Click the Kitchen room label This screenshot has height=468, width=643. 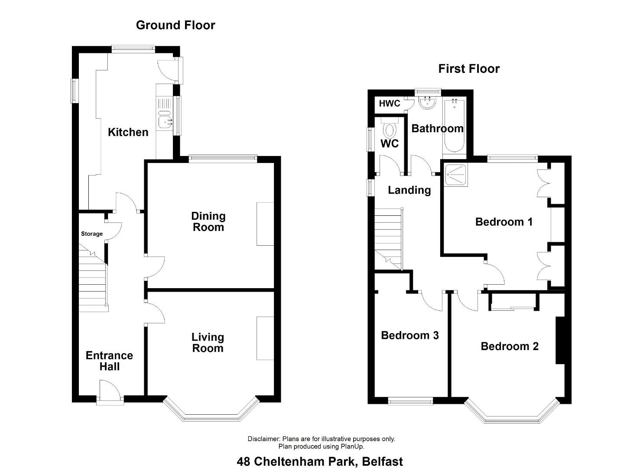(x=128, y=132)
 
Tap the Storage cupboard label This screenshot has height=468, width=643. (x=92, y=234)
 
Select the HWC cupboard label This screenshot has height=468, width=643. (x=390, y=104)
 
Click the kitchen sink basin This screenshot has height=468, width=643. (x=165, y=122)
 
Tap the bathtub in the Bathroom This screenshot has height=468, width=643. (x=455, y=126)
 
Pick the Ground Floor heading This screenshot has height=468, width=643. (x=175, y=25)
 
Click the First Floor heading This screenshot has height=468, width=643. (x=469, y=69)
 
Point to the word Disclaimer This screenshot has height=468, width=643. (x=263, y=439)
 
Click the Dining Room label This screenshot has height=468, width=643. (x=208, y=222)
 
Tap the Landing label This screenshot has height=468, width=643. (x=409, y=190)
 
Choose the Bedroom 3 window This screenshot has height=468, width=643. (x=411, y=401)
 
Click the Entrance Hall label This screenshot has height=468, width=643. (x=109, y=361)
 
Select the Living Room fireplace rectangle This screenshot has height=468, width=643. (x=265, y=338)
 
